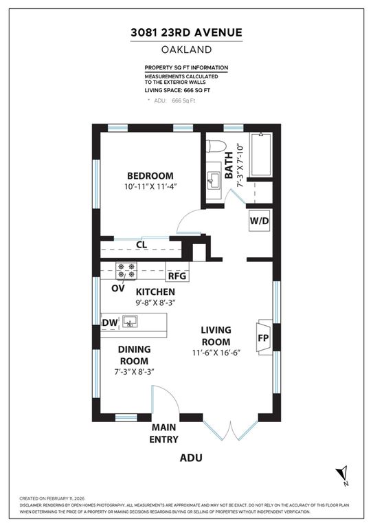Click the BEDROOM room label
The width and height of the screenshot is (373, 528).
(x=150, y=175)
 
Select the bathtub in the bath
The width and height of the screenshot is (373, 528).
(x=262, y=154)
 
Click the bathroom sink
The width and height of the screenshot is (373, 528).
(x=213, y=181)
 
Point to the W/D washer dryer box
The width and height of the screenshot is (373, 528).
(x=260, y=221)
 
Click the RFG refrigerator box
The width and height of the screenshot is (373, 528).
(x=177, y=276)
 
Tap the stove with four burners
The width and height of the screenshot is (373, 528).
(x=126, y=271)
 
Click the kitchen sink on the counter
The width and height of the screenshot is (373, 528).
(x=131, y=321)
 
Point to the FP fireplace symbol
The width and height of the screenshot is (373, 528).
(x=262, y=338)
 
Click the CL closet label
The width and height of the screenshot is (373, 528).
(x=142, y=243)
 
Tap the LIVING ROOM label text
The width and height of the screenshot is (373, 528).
(x=215, y=335)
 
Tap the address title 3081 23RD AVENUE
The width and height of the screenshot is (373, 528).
(x=186, y=32)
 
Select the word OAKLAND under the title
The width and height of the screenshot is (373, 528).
(x=186, y=49)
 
